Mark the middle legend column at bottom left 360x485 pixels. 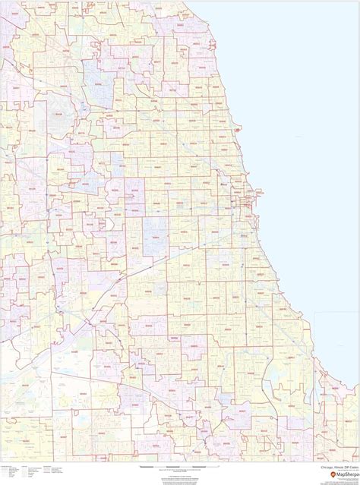tap(30, 471)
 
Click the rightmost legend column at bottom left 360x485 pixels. tap(52, 470)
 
